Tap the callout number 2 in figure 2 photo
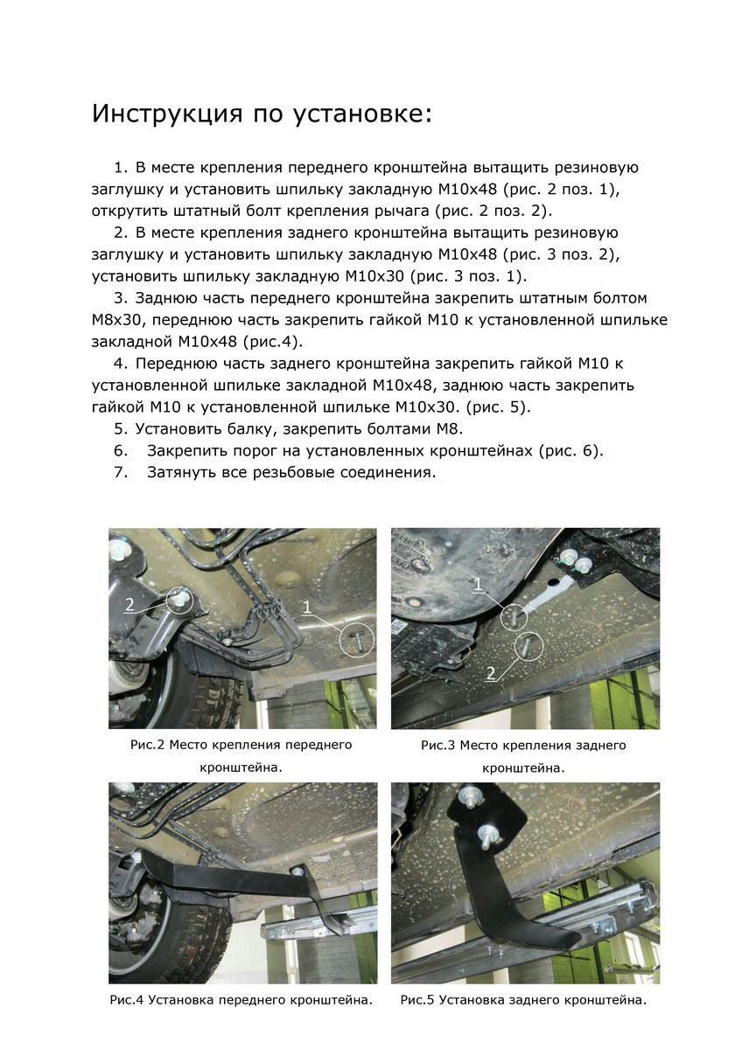point(129,603)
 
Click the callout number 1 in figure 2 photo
point(307,606)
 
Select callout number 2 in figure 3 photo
point(491,673)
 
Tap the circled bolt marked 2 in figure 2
point(182,600)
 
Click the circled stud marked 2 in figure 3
point(528,648)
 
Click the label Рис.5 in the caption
point(417,1000)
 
